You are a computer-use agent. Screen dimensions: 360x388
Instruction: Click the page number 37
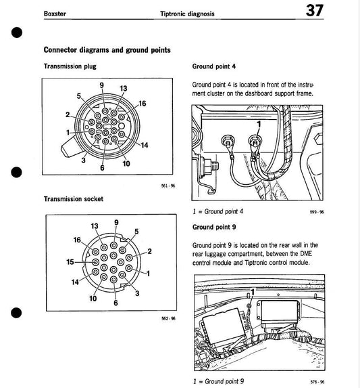(314, 11)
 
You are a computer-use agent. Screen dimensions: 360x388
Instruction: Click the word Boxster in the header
(55, 14)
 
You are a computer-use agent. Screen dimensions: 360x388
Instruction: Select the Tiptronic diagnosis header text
(187, 14)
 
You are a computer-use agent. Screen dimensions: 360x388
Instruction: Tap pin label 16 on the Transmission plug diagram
(143, 104)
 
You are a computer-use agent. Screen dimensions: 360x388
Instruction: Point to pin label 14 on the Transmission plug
(145, 145)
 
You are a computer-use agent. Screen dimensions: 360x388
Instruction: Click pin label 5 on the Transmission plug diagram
(79, 95)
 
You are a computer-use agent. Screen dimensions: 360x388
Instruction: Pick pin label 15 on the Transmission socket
(70, 262)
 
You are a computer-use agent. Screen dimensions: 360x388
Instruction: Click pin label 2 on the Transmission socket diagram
(149, 251)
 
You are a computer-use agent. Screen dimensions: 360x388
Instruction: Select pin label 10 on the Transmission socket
(93, 299)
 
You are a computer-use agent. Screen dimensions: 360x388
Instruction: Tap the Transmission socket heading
(74, 199)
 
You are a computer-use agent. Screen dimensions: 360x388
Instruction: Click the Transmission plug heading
(70, 66)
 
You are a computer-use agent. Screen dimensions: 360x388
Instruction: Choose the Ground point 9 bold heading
(214, 227)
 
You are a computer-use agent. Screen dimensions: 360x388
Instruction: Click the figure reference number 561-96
(168, 186)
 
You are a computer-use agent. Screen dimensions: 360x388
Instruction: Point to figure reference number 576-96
(317, 382)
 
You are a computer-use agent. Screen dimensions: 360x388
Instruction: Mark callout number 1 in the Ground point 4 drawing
(259, 124)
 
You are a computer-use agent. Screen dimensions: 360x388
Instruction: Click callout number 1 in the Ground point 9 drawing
(253, 293)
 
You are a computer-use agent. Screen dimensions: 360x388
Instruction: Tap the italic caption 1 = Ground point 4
(218, 211)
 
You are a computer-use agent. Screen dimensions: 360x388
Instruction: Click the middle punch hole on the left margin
(16, 173)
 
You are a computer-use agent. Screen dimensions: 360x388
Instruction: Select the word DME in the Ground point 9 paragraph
(306, 254)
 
